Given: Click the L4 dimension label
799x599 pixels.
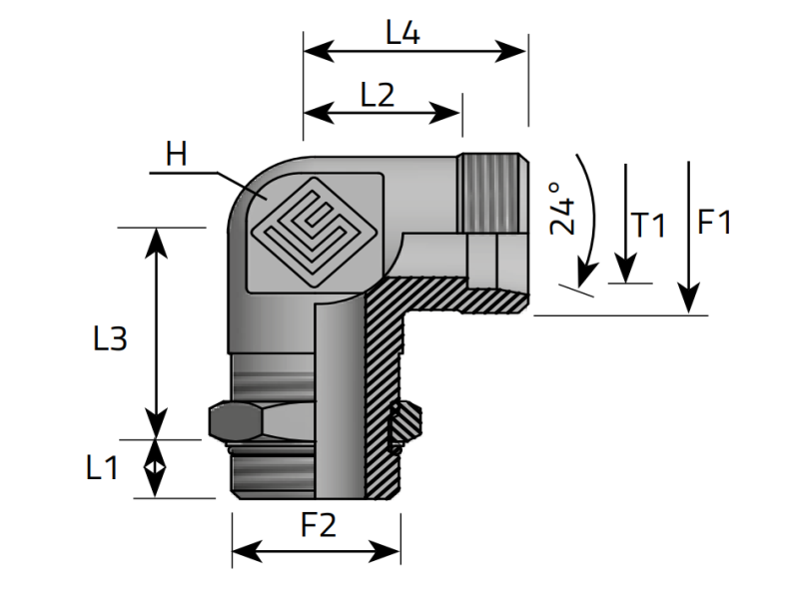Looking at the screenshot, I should [x=402, y=33].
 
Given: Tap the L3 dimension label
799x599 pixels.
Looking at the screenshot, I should [x=109, y=339].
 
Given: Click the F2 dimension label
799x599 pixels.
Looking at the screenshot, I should [x=319, y=525].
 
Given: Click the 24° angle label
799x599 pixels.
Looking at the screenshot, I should [x=562, y=208].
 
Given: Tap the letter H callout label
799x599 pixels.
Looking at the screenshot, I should [x=177, y=154].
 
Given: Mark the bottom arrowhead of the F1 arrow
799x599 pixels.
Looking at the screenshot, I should [x=687, y=303].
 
